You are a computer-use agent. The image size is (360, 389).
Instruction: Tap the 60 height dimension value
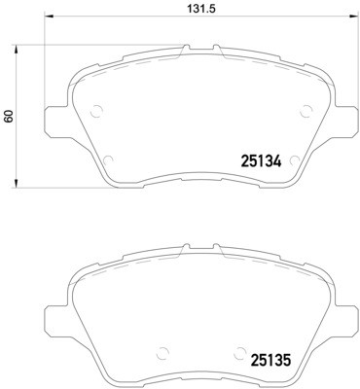pyautogui.click(x=10, y=115)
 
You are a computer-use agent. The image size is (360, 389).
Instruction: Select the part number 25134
pyautogui.click(x=261, y=162)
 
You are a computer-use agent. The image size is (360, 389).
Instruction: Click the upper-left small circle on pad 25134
pyautogui.click(x=95, y=110)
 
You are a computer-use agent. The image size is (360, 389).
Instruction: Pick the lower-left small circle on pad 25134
pyautogui.click(x=109, y=159)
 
